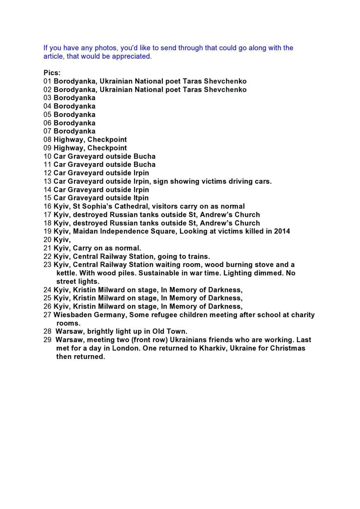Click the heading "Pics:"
tap(52, 73)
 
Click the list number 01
tap(48, 81)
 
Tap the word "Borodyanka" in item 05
tap(74, 114)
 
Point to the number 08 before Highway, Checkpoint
tap(48, 139)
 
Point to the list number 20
tap(48, 240)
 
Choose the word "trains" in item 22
tap(199, 256)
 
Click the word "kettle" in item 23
tap(67, 273)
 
